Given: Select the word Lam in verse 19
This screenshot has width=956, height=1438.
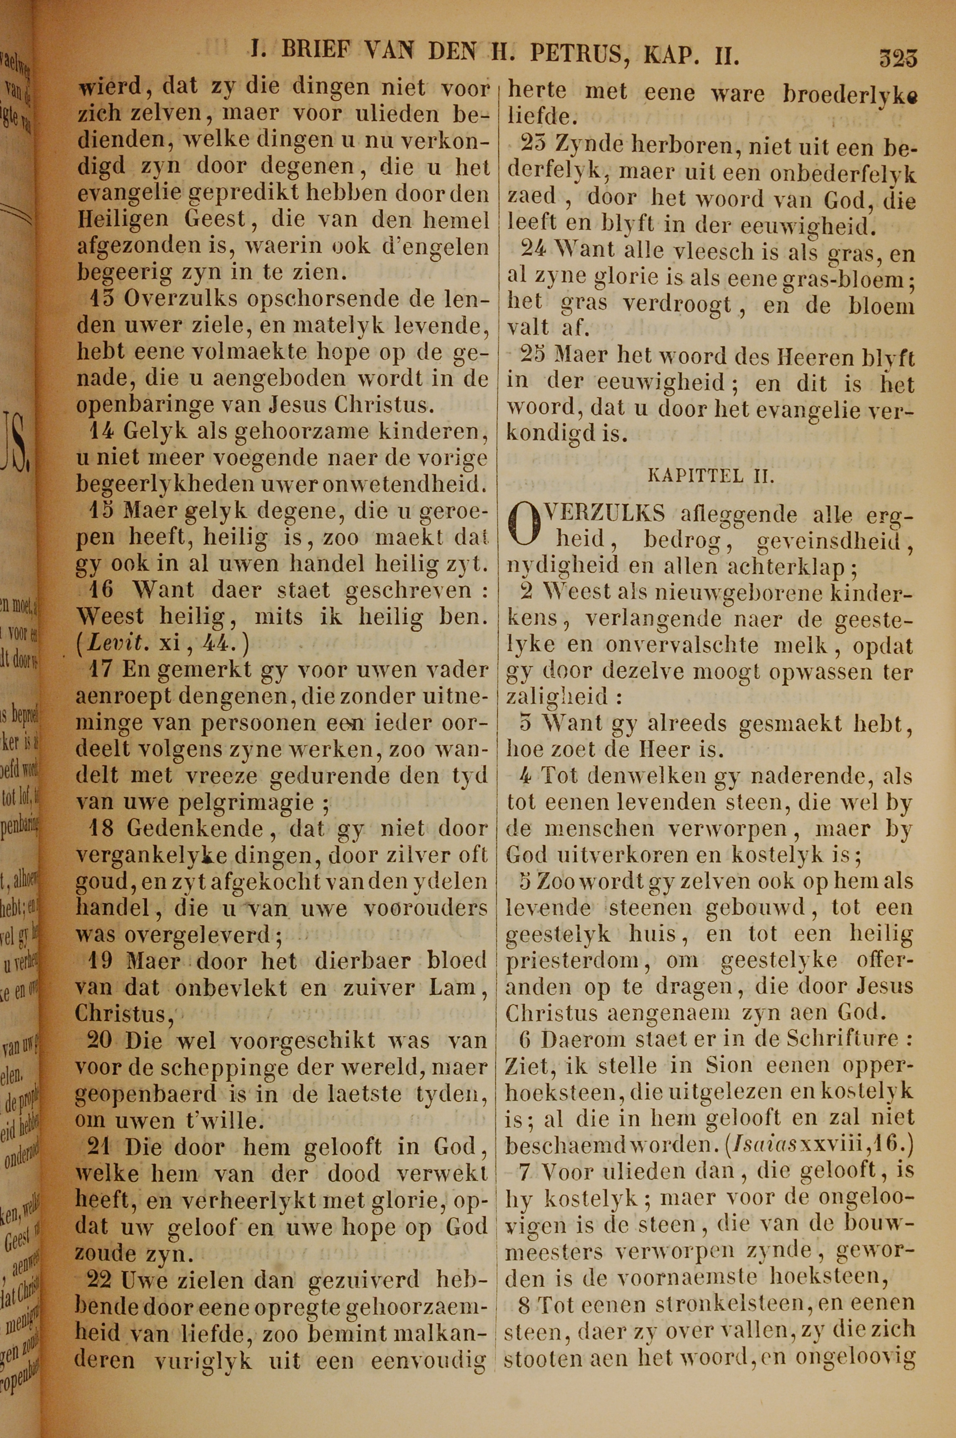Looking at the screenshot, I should pos(453,988).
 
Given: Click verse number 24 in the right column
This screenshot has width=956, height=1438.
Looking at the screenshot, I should pos(534,250).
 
